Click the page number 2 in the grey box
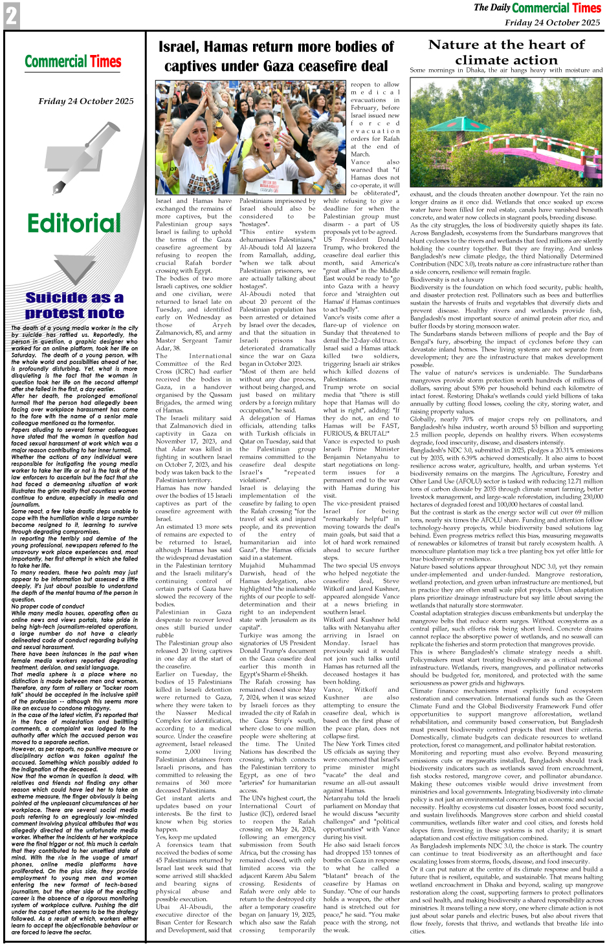(11, 16)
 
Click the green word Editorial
(74, 224)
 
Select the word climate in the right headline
(485, 60)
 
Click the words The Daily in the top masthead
(492, 8)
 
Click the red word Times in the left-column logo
(105, 62)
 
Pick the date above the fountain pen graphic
(86, 101)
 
